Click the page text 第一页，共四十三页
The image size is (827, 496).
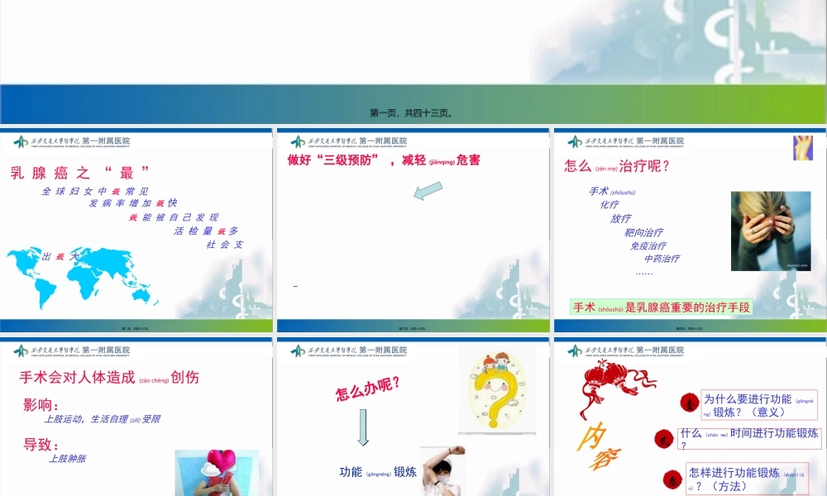[x=412, y=113]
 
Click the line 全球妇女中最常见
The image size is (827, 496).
[x=95, y=192]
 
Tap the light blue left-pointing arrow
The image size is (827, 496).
[x=428, y=192]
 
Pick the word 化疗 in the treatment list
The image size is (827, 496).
[x=609, y=205]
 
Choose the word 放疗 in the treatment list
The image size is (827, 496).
[x=620, y=219]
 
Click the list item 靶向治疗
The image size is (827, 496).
[x=643, y=232]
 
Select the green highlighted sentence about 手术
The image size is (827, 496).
[x=662, y=308]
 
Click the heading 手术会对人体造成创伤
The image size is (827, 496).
[x=108, y=378]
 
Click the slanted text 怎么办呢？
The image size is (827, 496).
[x=368, y=388]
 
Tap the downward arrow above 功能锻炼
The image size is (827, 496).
[x=362, y=427]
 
